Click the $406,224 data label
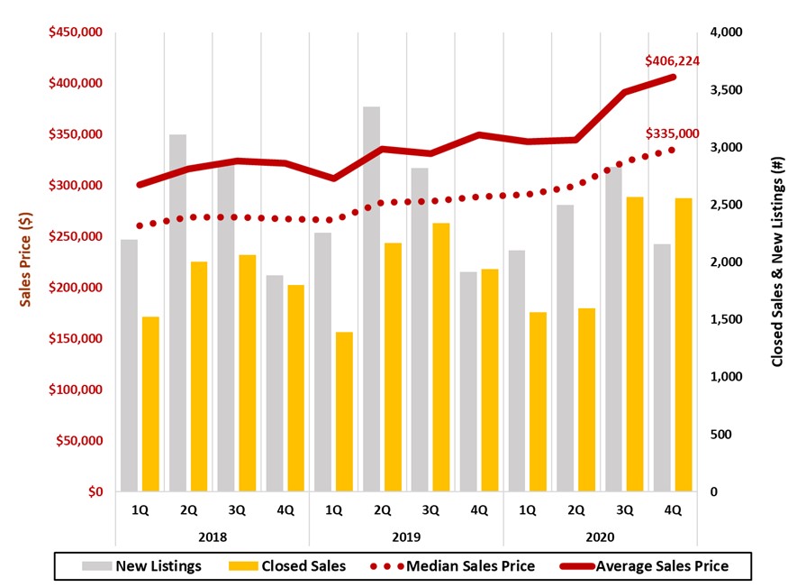(x=672, y=61)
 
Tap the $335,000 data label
(x=672, y=133)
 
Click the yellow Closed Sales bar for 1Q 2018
(x=149, y=404)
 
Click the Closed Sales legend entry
(x=288, y=566)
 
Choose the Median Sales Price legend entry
(x=456, y=566)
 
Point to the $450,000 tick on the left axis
(x=77, y=32)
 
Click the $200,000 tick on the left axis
(x=77, y=288)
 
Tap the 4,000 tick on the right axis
(x=724, y=32)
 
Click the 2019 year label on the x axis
(x=406, y=537)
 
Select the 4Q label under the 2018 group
(x=285, y=510)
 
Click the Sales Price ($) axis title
(x=26, y=262)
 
